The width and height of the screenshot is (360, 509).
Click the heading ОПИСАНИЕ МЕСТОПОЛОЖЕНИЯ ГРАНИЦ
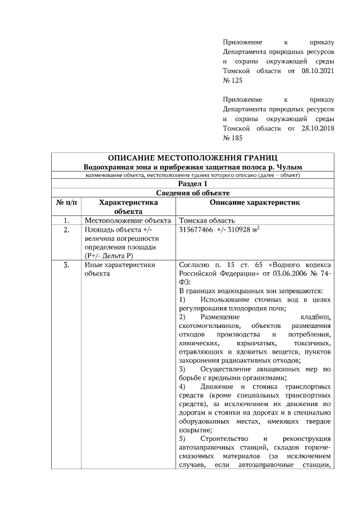click(x=193, y=157)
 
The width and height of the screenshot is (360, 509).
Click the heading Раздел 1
click(x=193, y=183)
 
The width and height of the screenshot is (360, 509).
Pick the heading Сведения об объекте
click(x=193, y=193)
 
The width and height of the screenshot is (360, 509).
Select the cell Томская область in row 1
click(x=206, y=220)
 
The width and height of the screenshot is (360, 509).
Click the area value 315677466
click(x=196, y=230)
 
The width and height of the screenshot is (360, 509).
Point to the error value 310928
click(x=241, y=230)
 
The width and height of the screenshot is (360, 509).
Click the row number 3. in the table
click(x=67, y=264)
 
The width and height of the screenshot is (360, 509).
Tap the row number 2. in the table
click(x=67, y=230)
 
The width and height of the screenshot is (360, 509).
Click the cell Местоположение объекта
click(x=127, y=220)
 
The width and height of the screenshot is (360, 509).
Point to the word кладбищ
click(x=317, y=317)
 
